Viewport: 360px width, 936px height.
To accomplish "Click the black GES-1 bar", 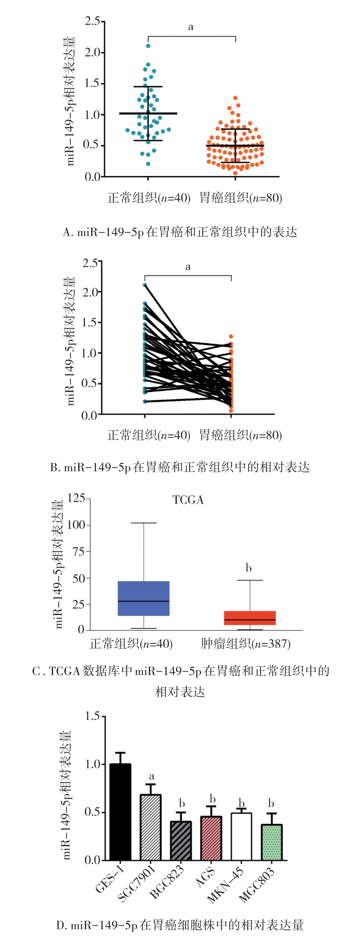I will coord(120,811).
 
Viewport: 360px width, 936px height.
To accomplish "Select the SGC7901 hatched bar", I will coord(150,827).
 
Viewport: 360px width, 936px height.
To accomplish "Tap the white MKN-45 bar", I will coord(241,836).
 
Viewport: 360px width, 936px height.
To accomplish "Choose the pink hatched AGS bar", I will coord(211,838).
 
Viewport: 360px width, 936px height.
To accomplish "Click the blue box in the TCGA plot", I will coord(144,598).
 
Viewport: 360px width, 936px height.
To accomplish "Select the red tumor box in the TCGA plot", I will coord(250,618).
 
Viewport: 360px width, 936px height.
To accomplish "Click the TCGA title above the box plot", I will coord(188,500).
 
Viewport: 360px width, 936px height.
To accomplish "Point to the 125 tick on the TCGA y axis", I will coord(76,498).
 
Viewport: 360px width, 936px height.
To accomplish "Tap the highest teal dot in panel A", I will coord(148,46).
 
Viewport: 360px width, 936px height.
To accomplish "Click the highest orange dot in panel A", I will coord(235,98).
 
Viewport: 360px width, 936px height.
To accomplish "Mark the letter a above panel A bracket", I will coord(191,27).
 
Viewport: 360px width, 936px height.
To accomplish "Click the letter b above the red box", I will coord(248,568).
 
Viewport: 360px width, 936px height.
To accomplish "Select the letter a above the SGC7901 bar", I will coord(152,776).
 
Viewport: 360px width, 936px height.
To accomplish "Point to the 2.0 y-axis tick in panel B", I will coord(90,292).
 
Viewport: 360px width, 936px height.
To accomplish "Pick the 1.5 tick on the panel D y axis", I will coord(92,716).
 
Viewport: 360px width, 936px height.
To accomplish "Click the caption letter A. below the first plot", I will coord(68,232).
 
